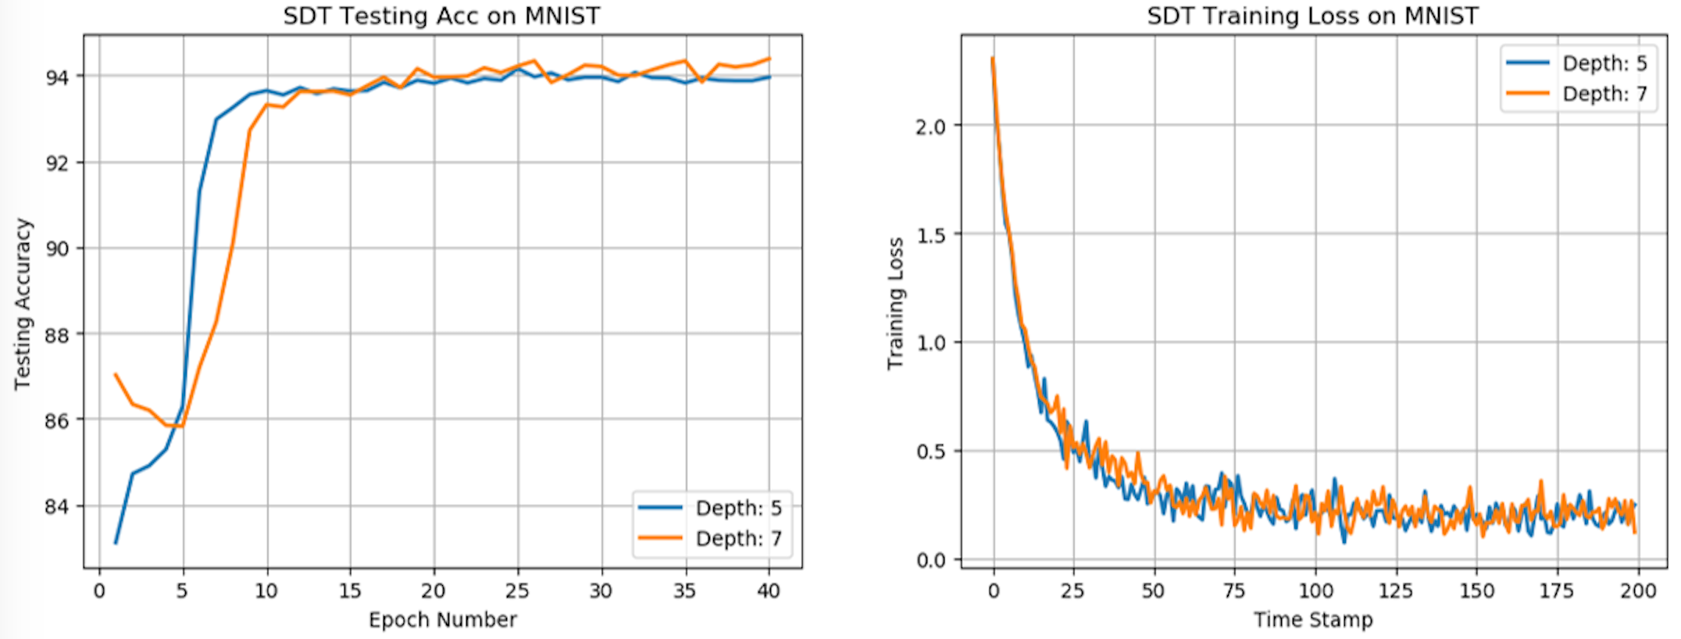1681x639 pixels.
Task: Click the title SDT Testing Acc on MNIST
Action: (x=441, y=16)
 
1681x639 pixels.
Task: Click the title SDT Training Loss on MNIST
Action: (x=1312, y=16)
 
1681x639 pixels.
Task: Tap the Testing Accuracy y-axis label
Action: (x=23, y=304)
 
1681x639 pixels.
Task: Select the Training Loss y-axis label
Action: (x=895, y=304)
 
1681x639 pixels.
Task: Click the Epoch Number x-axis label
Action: (x=442, y=619)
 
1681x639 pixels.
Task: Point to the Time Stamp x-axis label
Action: (x=1313, y=619)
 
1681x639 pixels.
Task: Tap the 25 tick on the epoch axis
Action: (x=516, y=591)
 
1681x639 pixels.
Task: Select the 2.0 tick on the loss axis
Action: (x=930, y=127)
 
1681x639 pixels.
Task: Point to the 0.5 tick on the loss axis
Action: (x=930, y=452)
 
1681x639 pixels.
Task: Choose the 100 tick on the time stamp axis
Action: (x=1315, y=591)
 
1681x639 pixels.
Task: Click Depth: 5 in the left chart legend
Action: (x=738, y=509)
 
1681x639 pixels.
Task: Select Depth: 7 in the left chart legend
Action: (x=738, y=539)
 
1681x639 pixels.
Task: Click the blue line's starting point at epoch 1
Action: (x=116, y=543)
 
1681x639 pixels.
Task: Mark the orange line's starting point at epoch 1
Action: (x=116, y=374)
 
